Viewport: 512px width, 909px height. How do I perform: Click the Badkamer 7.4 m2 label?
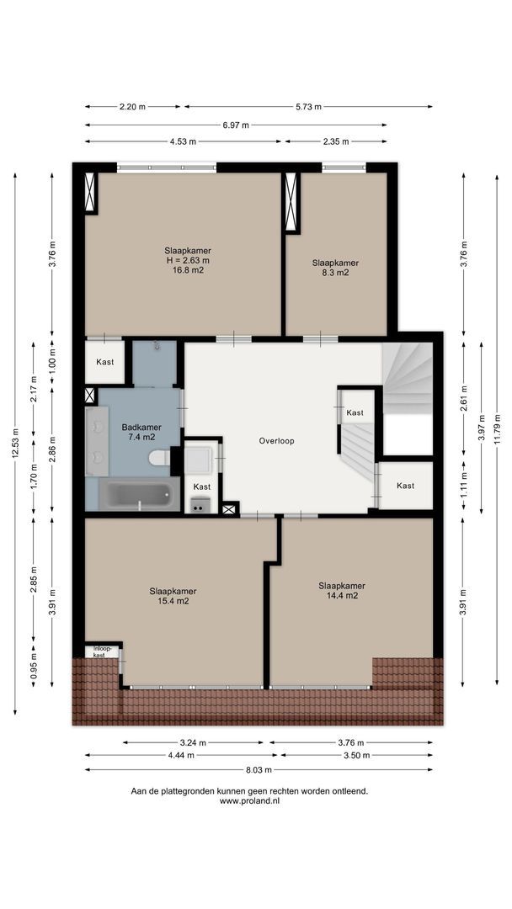(141, 433)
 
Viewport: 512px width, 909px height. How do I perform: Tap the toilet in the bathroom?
(160, 458)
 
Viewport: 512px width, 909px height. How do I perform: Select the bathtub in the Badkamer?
(139, 495)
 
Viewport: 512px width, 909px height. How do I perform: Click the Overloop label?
(276, 441)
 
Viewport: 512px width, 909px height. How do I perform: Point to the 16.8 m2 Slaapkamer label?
(187, 260)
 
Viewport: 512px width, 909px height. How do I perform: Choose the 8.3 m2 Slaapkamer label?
(335, 268)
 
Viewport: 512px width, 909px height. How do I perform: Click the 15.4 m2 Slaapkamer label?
(173, 596)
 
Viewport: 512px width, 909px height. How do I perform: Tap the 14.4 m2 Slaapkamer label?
(342, 590)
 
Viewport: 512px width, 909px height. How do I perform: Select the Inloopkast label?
(99, 651)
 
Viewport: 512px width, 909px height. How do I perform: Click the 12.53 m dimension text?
(15, 444)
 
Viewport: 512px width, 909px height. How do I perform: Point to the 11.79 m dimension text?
(497, 428)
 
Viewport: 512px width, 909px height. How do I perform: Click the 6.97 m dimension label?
(236, 125)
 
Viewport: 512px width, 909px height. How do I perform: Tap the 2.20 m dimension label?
(133, 107)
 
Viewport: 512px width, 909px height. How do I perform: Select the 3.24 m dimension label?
(193, 742)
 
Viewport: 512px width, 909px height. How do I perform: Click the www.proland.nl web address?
(249, 800)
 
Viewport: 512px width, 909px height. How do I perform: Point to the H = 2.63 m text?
(188, 260)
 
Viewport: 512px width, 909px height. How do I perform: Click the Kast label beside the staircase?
(355, 412)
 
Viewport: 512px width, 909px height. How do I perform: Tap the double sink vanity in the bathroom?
(97, 441)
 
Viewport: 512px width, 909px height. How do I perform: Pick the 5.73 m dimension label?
(308, 107)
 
